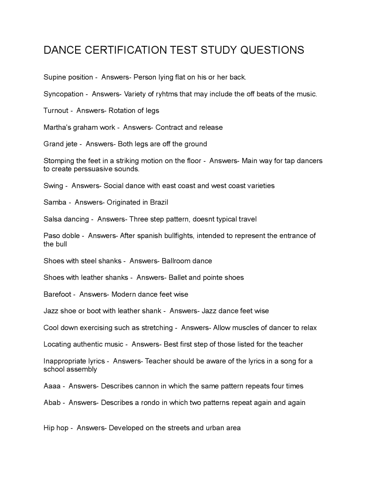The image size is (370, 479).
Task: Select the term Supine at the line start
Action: (x=55, y=77)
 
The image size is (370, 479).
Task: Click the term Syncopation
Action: (x=63, y=94)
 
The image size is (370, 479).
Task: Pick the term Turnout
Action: (x=56, y=110)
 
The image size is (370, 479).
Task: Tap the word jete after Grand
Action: (x=71, y=144)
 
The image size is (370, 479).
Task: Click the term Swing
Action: (x=53, y=186)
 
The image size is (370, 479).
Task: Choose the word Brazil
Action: (x=159, y=202)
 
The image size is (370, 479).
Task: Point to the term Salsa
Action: (x=53, y=219)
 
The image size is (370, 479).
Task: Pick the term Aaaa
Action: (x=52, y=386)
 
